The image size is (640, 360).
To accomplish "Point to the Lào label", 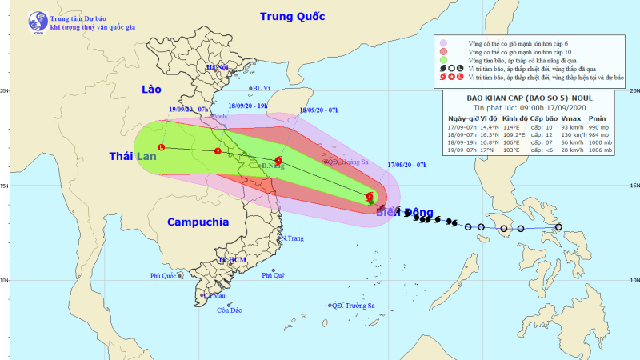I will (151, 89).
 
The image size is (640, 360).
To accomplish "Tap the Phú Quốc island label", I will (162, 276).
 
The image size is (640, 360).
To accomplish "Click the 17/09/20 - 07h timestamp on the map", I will (407, 166).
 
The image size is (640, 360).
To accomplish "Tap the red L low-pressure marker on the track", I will (162, 148).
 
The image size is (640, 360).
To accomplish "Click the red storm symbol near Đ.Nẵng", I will (278, 161).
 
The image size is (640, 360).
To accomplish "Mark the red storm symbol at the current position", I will (370, 196).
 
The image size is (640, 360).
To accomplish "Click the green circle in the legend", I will (444, 59).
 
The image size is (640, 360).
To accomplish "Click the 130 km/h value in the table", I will (570, 134).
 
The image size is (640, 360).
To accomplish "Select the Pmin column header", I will (598, 118).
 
